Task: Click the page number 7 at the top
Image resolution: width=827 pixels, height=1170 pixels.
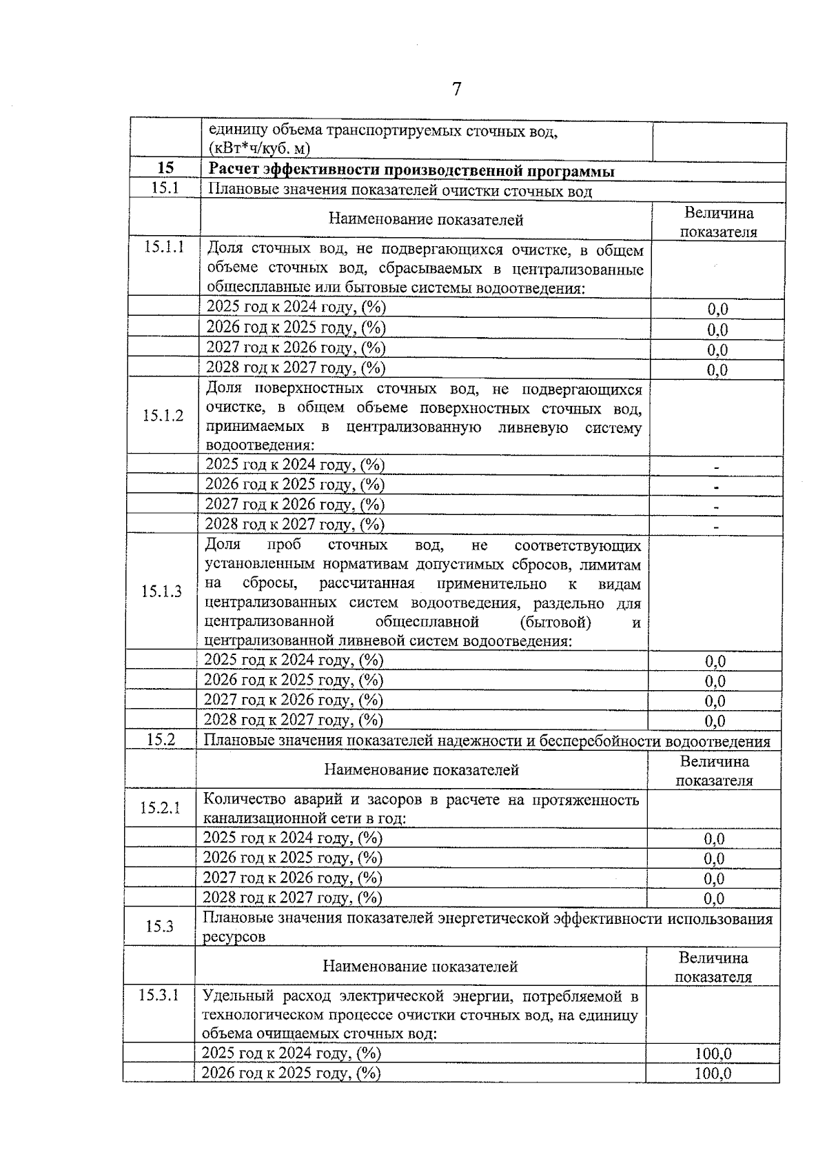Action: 456,89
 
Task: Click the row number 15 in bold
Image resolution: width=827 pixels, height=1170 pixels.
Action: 165,168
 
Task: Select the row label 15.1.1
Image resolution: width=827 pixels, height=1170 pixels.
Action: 164,248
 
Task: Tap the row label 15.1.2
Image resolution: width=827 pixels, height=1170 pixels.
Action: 163,416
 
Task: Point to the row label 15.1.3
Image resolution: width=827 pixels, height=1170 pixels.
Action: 162,592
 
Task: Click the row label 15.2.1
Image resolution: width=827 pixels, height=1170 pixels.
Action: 161,807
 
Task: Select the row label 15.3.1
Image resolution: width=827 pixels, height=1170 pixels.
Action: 159,995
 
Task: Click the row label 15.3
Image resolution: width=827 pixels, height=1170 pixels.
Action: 159,926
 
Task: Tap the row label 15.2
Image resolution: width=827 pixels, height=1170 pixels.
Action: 161,740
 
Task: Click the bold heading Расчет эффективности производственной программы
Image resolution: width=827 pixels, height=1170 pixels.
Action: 411,171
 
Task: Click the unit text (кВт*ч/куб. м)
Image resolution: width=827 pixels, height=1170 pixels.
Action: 259,149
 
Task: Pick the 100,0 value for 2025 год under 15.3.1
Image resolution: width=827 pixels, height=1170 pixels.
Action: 713,1053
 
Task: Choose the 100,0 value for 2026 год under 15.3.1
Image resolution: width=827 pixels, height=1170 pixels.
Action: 713,1073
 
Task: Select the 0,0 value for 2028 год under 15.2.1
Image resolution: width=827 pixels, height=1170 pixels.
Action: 714,898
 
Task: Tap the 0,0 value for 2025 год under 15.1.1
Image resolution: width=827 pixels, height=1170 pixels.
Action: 717,309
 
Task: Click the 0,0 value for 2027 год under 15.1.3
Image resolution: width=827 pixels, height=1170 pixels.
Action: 715,701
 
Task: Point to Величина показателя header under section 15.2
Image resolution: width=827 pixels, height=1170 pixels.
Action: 715,771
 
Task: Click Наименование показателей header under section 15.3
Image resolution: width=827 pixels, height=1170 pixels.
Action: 420,967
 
